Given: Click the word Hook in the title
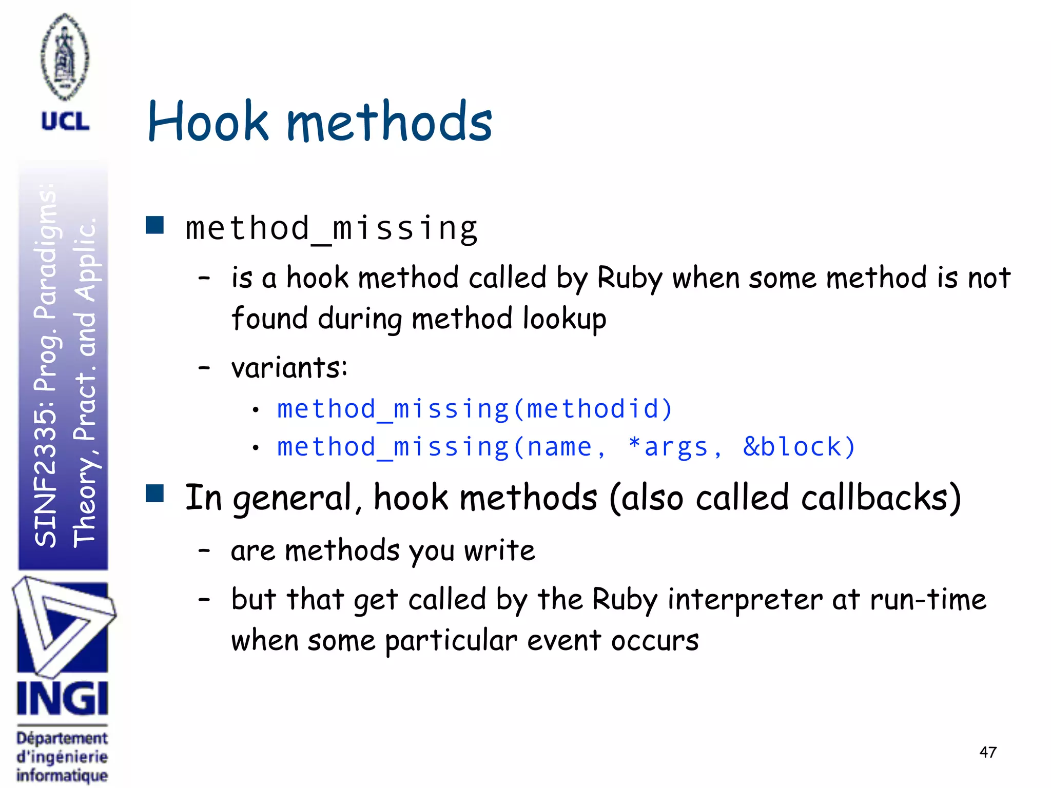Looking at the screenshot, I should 208,122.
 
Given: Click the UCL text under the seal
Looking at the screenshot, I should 65,122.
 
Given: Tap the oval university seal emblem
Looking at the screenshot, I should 65,56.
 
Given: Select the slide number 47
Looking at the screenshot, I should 988,752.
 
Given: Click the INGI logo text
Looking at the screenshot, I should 63,699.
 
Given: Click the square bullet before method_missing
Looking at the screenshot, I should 154,225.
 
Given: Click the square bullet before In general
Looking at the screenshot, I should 154,493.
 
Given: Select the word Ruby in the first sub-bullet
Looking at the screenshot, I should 630,279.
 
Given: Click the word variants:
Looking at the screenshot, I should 289,368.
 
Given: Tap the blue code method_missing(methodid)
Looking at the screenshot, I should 474,409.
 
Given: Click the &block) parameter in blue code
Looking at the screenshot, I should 799,447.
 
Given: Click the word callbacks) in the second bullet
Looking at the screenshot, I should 881,498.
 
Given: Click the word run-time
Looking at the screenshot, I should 928,599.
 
